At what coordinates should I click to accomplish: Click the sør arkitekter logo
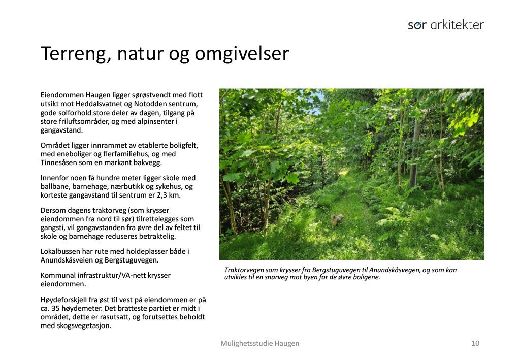pyautogui.click(x=446, y=25)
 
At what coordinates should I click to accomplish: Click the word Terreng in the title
pyautogui.click(x=76, y=54)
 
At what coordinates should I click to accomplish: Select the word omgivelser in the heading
pyautogui.click(x=241, y=54)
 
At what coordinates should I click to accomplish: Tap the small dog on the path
pyautogui.click(x=337, y=220)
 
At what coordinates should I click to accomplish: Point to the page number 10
pyautogui.click(x=475, y=343)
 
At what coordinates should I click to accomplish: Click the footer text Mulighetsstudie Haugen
pyautogui.click(x=259, y=344)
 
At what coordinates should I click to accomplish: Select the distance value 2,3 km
pyautogui.click(x=169, y=195)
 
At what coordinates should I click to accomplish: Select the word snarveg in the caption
pyautogui.click(x=288, y=277)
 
